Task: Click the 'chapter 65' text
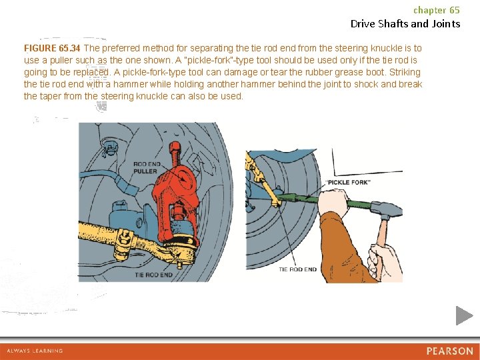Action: point(437,10)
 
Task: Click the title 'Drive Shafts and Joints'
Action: point(405,23)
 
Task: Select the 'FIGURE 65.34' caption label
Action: point(52,48)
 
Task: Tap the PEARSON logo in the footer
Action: point(450,351)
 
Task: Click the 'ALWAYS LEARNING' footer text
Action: point(35,351)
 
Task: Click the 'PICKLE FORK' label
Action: point(349,183)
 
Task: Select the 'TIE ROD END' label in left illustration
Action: point(154,275)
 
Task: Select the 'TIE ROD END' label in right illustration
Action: point(297,269)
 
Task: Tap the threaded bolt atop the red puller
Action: point(175,154)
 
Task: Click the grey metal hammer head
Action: point(386,209)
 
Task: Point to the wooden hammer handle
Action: point(381,242)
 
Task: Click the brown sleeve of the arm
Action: point(343,248)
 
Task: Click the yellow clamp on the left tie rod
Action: point(124,243)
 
